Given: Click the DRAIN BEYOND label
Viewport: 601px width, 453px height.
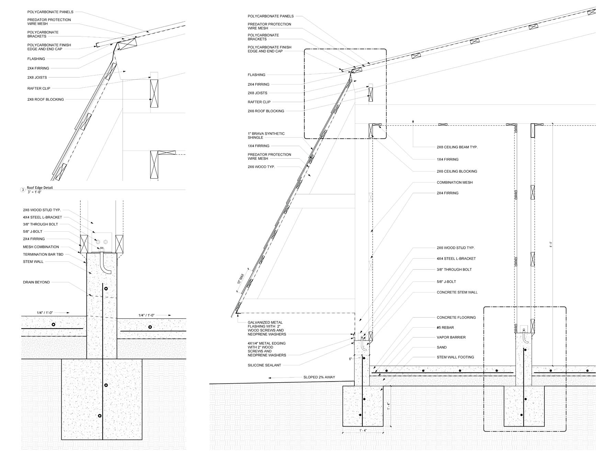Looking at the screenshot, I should [36, 282].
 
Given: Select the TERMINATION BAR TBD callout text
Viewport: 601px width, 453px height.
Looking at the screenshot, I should [43, 254].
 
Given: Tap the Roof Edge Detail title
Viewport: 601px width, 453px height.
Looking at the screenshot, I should [40, 188].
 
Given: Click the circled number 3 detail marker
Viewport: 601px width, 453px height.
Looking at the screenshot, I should [23, 190].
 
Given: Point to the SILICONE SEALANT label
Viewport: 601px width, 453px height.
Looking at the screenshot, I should [264, 365].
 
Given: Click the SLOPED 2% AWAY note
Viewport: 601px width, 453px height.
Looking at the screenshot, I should [319, 377].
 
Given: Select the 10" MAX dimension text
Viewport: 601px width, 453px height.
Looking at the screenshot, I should [240, 278].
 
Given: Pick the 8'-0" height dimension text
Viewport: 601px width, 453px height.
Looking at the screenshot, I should [551, 245].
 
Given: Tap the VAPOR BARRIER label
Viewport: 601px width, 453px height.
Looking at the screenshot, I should [451, 338].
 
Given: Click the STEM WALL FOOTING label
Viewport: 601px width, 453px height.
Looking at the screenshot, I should [455, 357].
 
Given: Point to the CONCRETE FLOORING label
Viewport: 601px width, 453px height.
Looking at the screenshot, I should [456, 318].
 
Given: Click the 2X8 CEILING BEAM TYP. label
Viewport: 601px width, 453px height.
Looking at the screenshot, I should [457, 147].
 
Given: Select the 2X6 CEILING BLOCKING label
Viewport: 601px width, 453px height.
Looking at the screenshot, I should [457, 171].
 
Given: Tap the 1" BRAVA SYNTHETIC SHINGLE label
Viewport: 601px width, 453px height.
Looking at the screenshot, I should [266, 135].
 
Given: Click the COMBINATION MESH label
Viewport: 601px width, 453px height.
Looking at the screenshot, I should [455, 183].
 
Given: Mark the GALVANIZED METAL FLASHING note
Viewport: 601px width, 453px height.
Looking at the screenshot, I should [267, 328].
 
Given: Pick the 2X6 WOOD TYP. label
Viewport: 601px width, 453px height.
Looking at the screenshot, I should [261, 167].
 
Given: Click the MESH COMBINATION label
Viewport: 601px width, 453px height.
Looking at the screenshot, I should [41, 247].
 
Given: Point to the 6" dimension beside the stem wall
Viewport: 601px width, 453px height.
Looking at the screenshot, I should [350, 359].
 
